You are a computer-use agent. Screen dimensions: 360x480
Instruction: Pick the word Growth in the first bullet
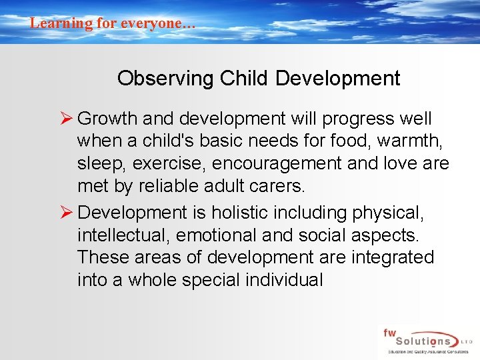click(x=107, y=119)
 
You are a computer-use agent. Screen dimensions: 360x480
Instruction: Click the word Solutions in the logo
click(x=423, y=341)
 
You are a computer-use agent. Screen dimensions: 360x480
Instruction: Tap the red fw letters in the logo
click(x=389, y=331)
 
